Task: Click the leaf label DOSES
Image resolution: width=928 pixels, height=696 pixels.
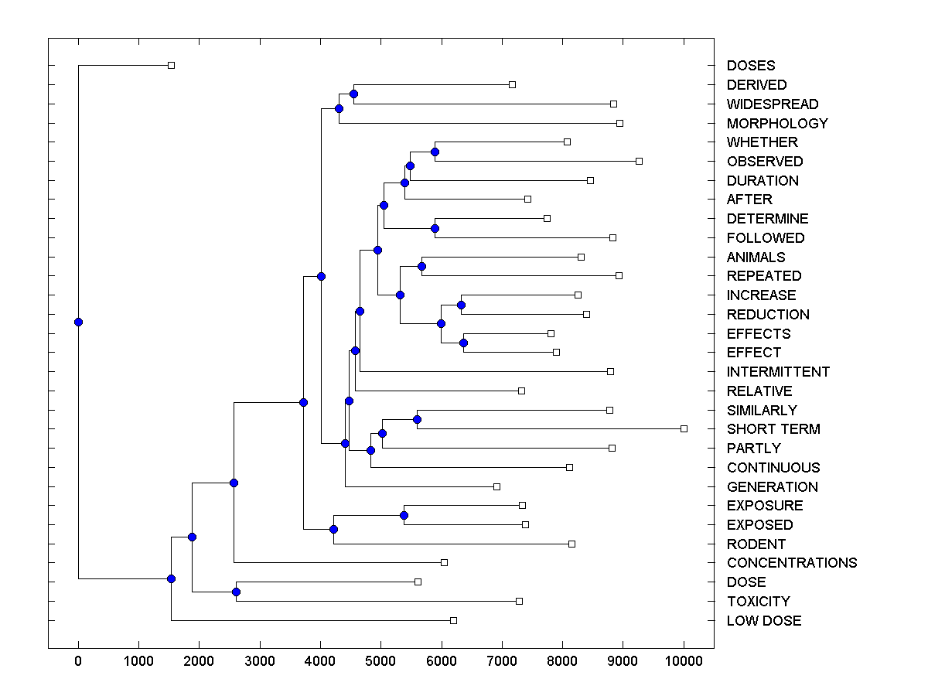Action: (750, 66)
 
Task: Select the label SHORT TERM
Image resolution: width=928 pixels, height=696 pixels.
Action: (773, 429)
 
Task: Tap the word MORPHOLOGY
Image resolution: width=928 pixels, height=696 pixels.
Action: (777, 124)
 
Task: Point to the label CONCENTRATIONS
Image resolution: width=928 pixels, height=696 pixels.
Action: (792, 563)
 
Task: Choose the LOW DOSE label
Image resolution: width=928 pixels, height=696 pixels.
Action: (764, 621)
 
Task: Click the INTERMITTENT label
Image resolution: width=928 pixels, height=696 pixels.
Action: (778, 372)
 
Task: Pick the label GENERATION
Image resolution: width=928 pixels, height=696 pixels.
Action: (772, 487)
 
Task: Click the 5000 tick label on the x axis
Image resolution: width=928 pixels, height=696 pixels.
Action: (381, 662)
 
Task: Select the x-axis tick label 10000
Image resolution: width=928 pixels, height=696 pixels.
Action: (684, 662)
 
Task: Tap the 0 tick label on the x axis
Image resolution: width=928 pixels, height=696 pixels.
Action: (78, 662)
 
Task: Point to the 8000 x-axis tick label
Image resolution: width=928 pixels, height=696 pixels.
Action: (562, 662)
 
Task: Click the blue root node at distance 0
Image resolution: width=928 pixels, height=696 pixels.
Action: (78, 322)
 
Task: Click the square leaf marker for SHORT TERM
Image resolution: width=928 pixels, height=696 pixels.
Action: (684, 428)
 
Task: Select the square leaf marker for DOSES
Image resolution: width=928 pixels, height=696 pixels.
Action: (172, 65)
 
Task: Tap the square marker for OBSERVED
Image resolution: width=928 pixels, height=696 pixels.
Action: (639, 161)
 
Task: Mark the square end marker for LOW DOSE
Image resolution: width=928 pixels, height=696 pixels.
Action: (454, 620)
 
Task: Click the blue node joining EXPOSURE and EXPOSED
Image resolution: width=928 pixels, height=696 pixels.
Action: (404, 515)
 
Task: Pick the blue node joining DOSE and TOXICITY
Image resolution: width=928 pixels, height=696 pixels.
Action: (236, 592)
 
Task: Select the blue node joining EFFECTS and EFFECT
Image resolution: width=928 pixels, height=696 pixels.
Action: (464, 343)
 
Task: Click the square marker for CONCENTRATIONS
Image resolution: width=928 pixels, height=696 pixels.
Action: (444, 562)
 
